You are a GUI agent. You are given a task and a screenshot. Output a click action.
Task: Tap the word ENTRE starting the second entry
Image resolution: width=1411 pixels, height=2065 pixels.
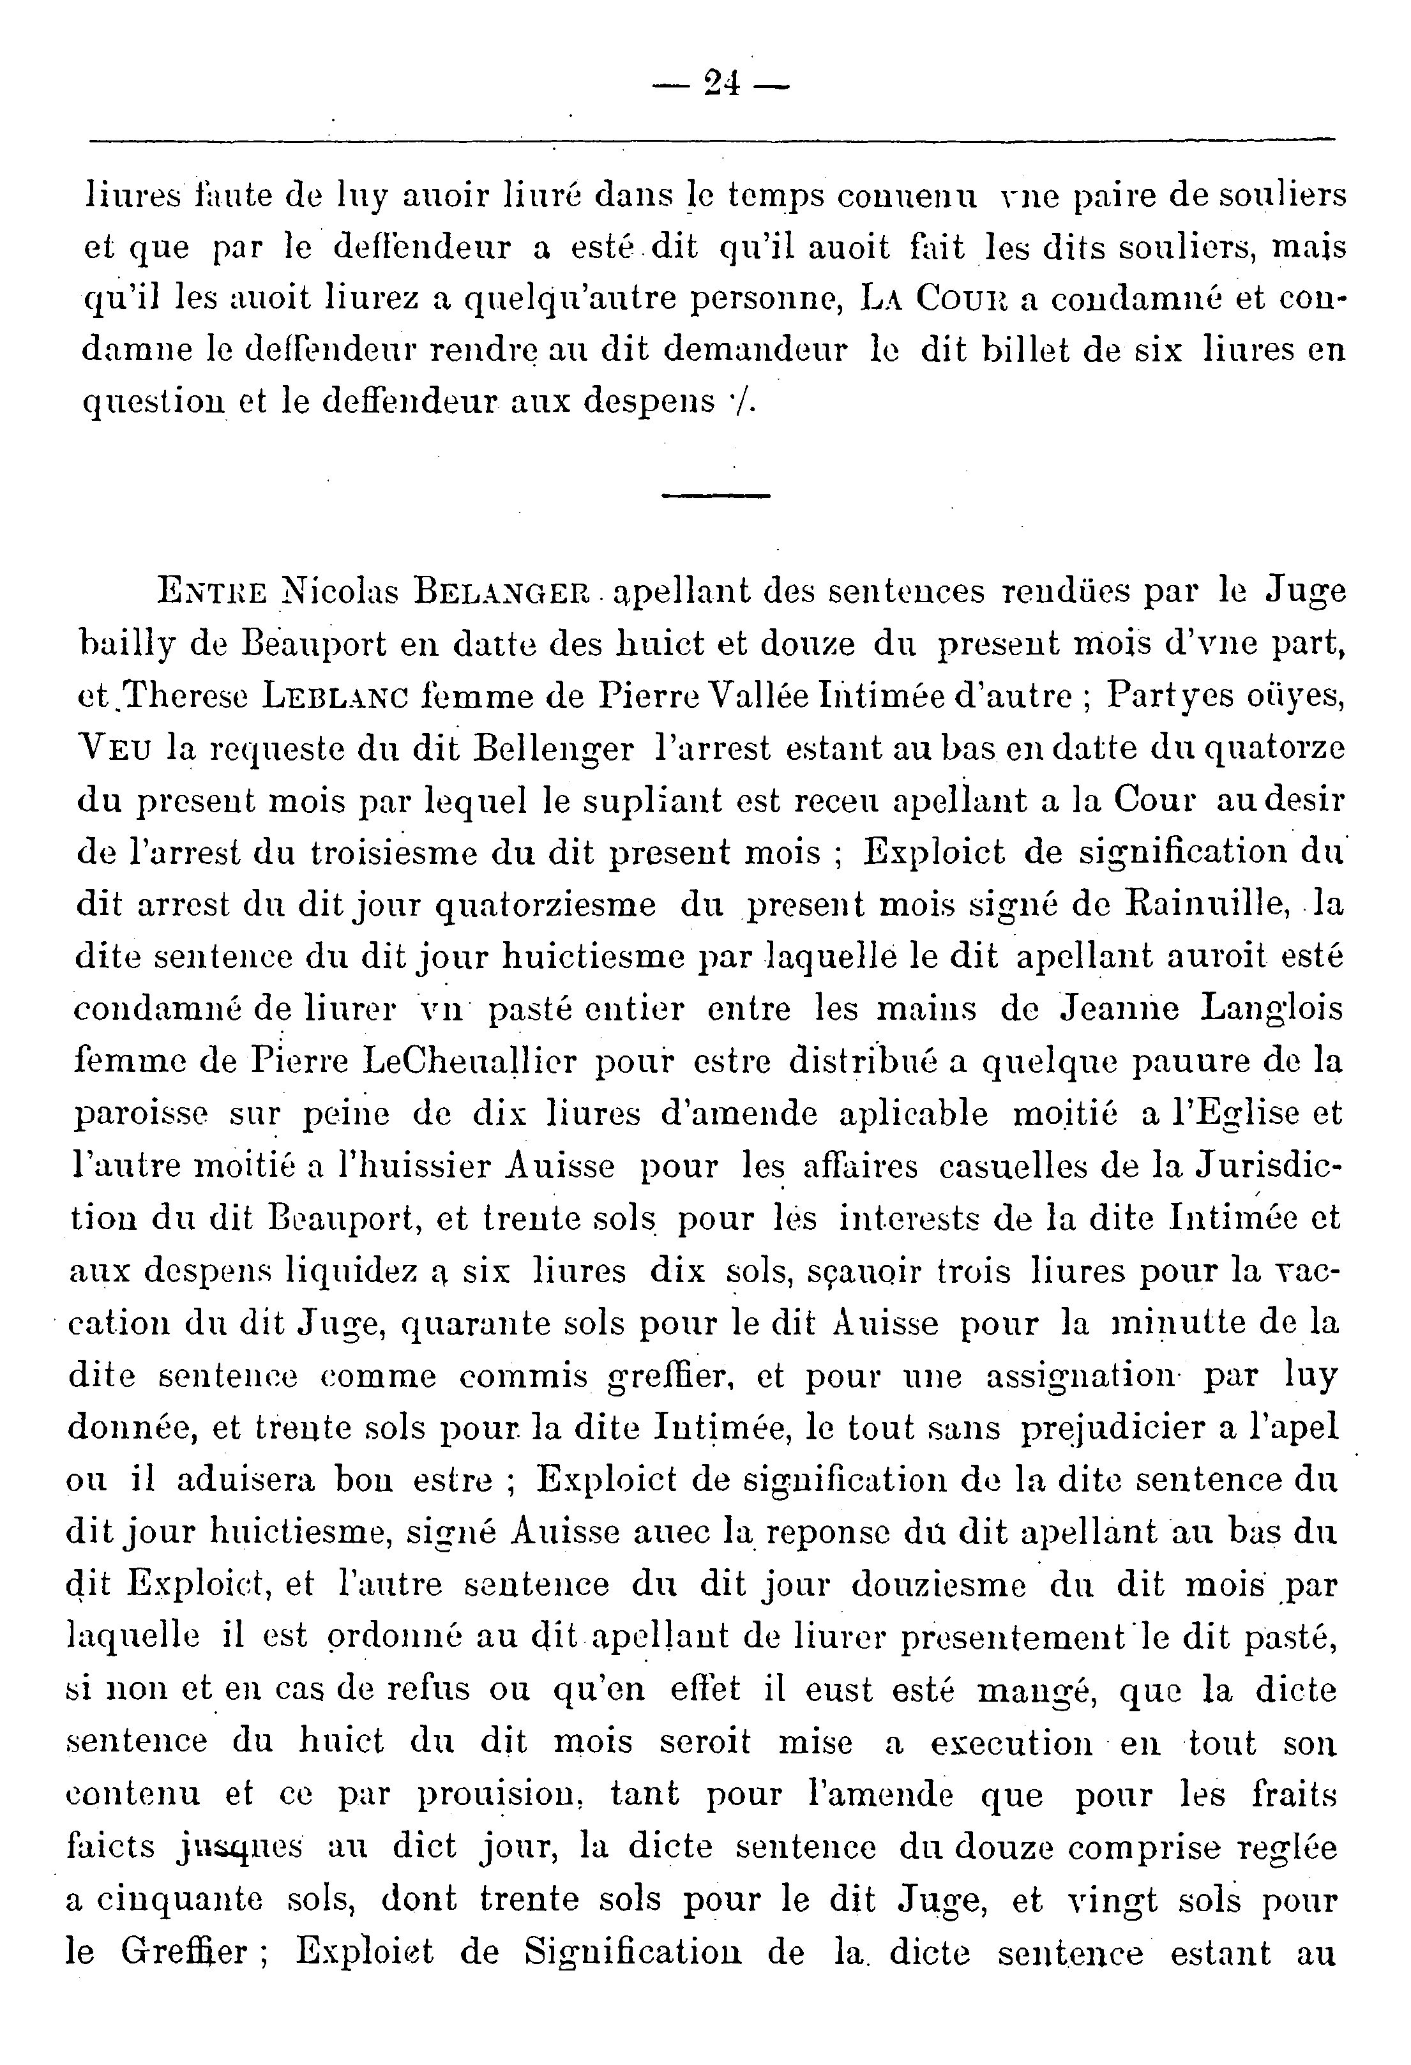click(211, 591)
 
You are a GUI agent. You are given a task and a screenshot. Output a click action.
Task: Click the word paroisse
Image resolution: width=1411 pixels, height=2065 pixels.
click(140, 1114)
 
